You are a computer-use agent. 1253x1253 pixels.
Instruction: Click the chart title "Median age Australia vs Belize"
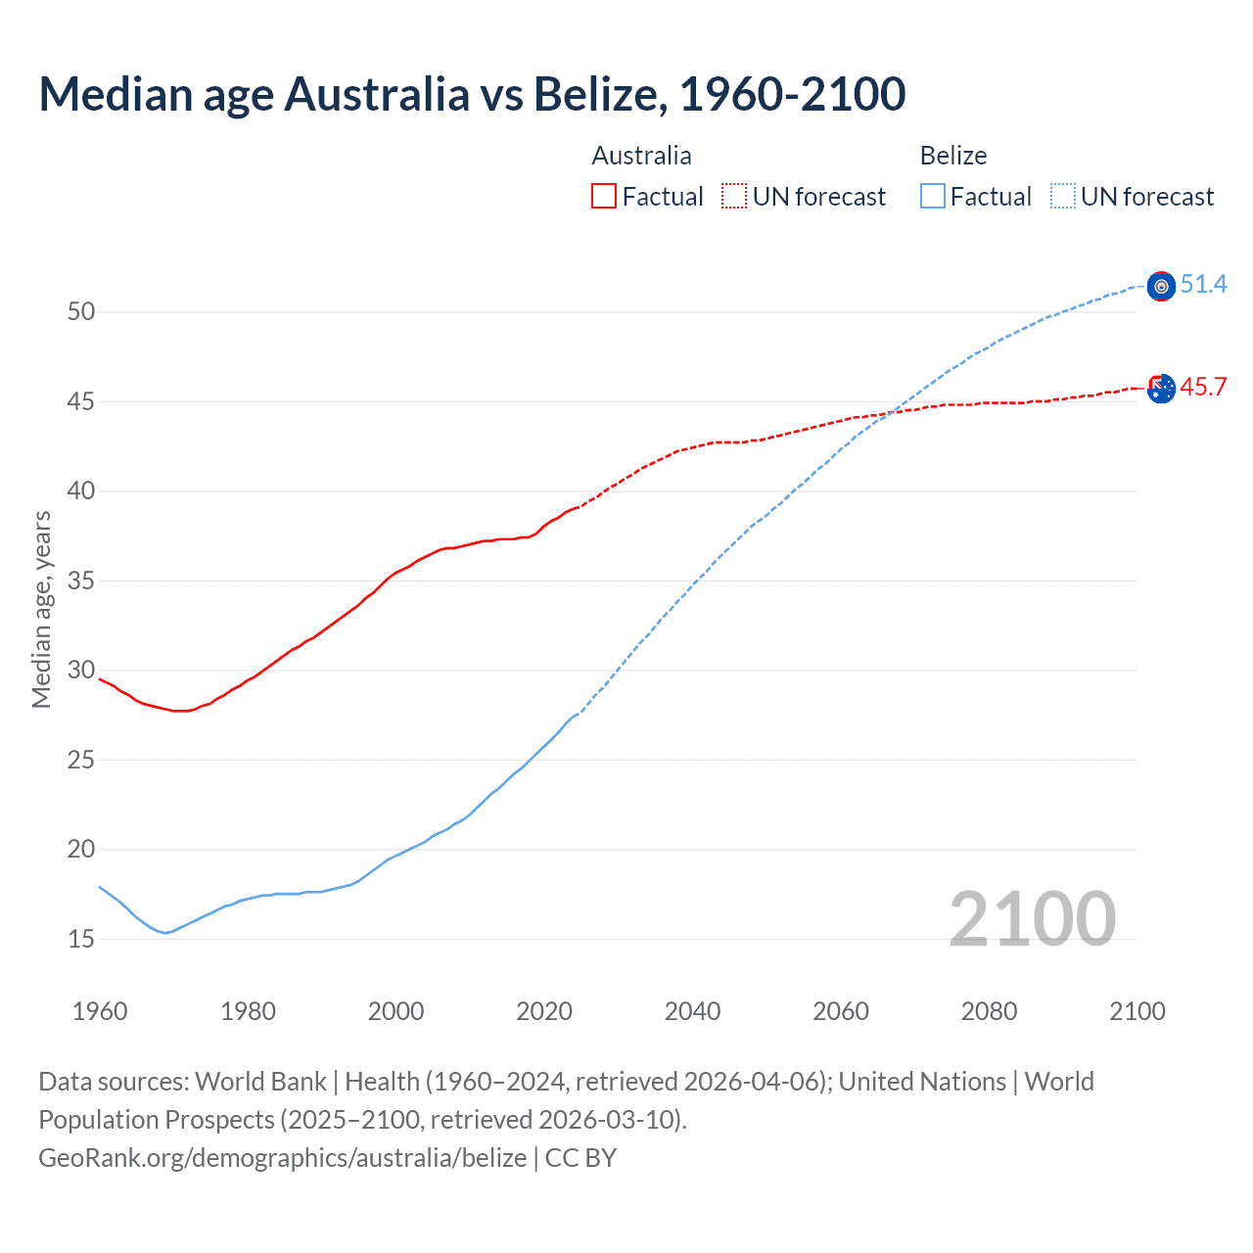click(x=472, y=94)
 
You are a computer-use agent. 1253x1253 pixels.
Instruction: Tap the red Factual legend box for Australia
click(x=604, y=197)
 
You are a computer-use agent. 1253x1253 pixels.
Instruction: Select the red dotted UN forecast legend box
click(x=734, y=197)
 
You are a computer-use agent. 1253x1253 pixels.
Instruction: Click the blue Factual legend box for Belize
click(x=933, y=197)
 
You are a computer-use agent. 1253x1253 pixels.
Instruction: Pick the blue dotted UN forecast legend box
click(x=1063, y=197)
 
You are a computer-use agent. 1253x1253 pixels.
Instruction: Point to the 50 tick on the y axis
click(x=81, y=312)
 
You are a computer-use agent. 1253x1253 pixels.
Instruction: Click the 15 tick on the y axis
click(x=81, y=940)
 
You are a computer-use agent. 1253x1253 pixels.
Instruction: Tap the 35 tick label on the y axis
click(x=81, y=581)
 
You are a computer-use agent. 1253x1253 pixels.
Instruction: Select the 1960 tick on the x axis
click(x=100, y=1011)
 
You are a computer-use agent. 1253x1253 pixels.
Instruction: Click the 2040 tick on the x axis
click(x=692, y=1011)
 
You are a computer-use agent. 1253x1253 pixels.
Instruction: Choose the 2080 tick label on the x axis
click(x=989, y=1011)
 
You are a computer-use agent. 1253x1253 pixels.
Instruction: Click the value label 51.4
click(x=1203, y=285)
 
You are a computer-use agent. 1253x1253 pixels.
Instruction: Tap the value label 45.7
click(x=1203, y=388)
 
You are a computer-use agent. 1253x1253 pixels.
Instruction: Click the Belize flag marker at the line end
click(x=1161, y=286)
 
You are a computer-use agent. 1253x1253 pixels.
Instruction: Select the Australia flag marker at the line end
click(x=1161, y=389)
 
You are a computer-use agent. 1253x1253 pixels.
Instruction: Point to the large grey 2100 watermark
click(x=1032, y=918)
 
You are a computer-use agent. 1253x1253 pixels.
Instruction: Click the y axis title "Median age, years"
click(x=41, y=609)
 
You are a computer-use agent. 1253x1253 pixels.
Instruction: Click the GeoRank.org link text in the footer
click(x=282, y=1158)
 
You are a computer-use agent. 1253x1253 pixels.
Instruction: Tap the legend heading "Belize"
click(x=952, y=156)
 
